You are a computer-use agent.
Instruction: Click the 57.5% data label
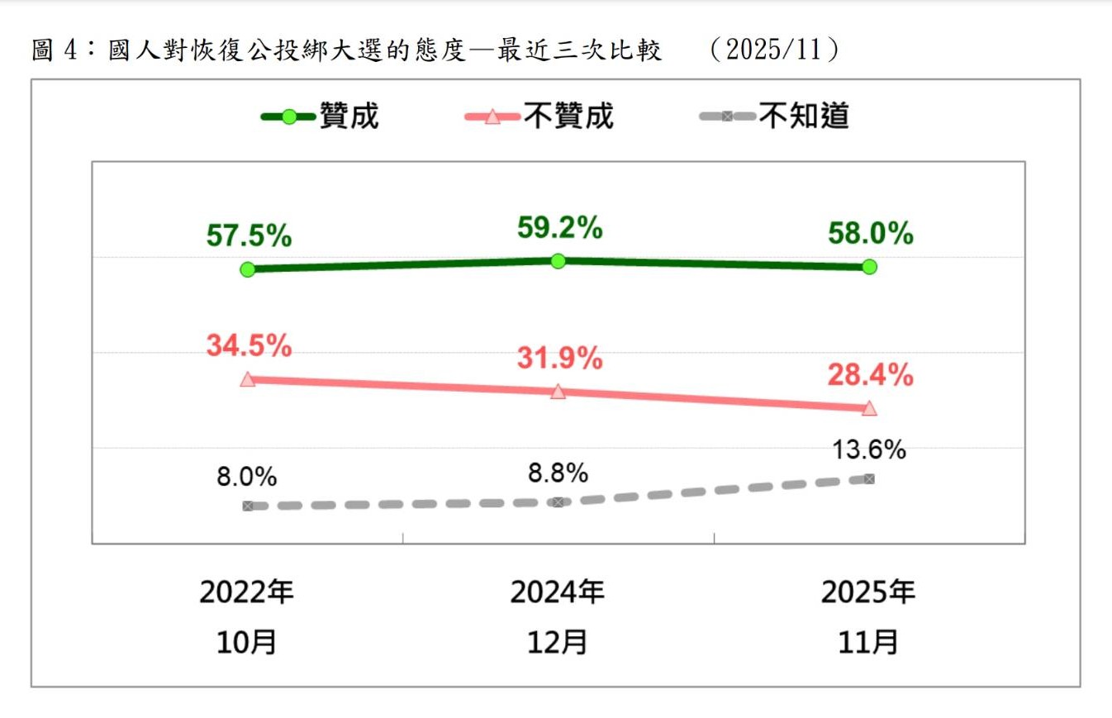pyautogui.click(x=249, y=235)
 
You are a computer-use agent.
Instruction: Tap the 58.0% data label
pyautogui.click(x=870, y=234)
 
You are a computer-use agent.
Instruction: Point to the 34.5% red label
pyautogui.click(x=249, y=345)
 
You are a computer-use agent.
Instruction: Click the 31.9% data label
pyautogui.click(x=559, y=358)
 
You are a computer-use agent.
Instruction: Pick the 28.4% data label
pyautogui.click(x=870, y=376)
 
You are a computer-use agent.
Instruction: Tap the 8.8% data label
pyautogui.click(x=559, y=473)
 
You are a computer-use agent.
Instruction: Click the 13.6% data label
pyautogui.click(x=870, y=450)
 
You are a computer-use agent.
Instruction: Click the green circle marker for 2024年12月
pyautogui.click(x=558, y=261)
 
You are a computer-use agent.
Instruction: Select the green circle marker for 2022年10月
pyautogui.click(x=247, y=269)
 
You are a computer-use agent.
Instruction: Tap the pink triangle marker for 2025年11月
pyautogui.click(x=868, y=408)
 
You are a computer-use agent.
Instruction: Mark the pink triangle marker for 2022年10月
pyautogui.click(x=247, y=379)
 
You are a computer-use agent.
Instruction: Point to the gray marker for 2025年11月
pyautogui.click(x=868, y=479)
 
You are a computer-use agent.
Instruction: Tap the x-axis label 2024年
pyautogui.click(x=558, y=592)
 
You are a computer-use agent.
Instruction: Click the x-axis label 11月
pyautogui.click(x=868, y=642)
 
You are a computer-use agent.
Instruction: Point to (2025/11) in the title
pyautogui.click(x=774, y=50)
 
